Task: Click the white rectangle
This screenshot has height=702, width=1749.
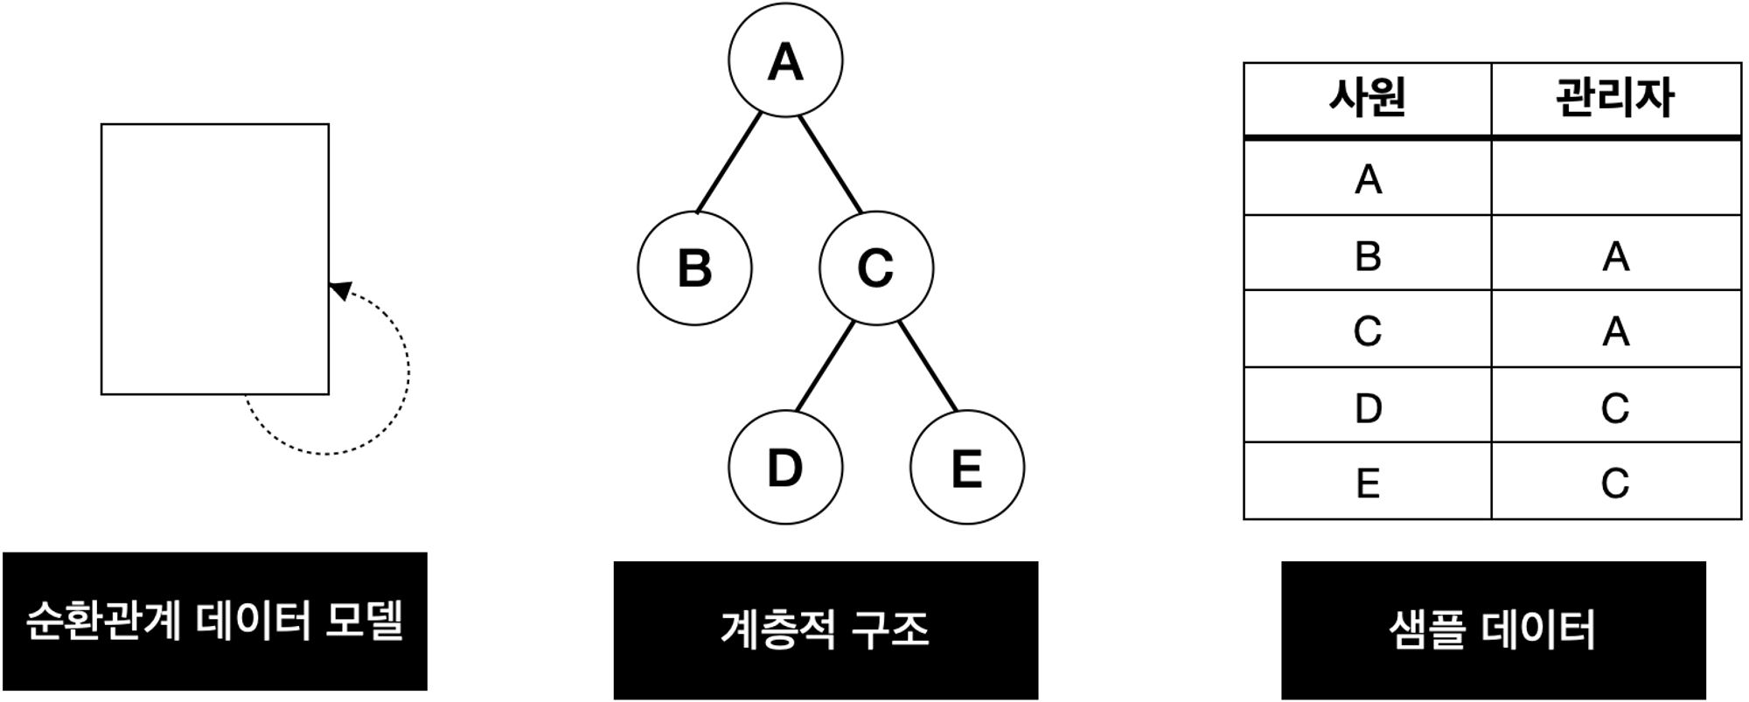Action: point(215,259)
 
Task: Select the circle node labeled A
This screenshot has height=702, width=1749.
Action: point(785,60)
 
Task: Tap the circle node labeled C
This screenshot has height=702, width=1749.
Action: point(876,268)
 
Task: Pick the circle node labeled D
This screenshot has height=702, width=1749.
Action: point(785,467)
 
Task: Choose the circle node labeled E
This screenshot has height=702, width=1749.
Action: point(966,467)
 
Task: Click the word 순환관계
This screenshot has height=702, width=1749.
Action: point(104,622)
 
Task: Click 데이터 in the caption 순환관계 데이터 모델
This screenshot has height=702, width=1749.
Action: point(254,622)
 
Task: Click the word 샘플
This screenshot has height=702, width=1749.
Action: point(1427,629)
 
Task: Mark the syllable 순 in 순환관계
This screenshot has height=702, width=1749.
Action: point(45,622)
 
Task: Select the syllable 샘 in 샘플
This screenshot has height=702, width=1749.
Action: point(1408,629)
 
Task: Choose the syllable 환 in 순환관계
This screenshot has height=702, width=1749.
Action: point(85,622)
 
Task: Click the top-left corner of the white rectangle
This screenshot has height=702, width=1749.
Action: point(103,126)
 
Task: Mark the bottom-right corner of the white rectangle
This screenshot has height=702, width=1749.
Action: point(326,392)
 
